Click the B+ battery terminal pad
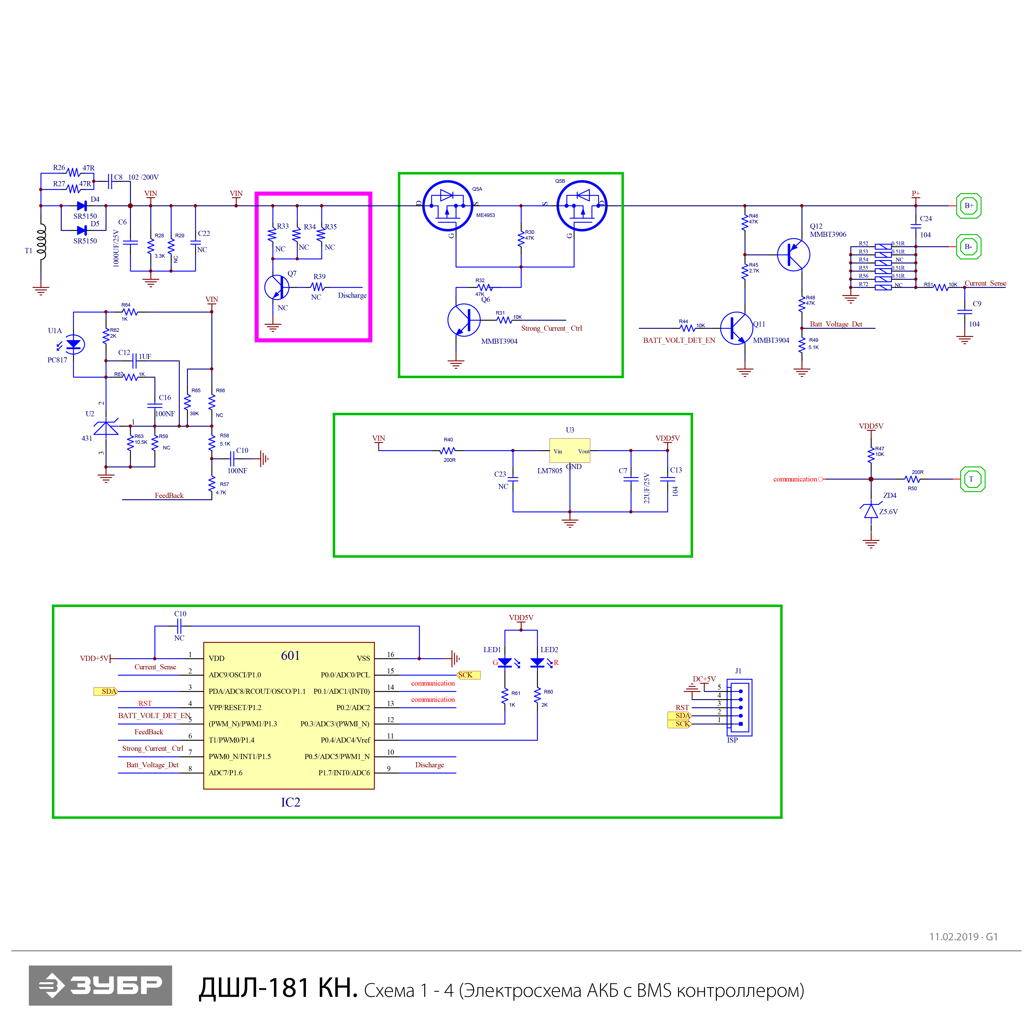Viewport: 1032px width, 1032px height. (x=968, y=206)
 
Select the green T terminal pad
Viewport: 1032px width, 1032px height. (x=972, y=479)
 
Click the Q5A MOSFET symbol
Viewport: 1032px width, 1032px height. (x=448, y=206)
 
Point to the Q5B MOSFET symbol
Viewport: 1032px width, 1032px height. (x=582, y=206)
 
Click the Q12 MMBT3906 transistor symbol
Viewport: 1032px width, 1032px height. (x=794, y=255)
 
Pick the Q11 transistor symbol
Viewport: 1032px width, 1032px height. (x=737, y=328)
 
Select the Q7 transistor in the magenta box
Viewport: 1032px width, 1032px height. (x=277, y=287)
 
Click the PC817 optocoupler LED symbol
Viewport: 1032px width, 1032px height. (x=73, y=344)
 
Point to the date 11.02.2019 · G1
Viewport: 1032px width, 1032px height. (x=963, y=936)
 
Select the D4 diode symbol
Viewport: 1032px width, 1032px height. (x=82, y=206)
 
